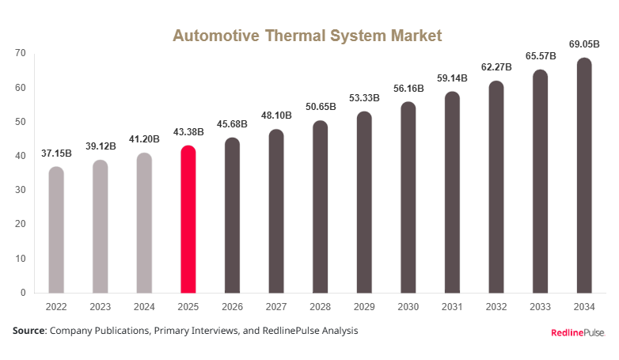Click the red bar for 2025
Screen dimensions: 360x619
coord(188,219)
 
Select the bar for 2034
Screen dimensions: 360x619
coord(584,175)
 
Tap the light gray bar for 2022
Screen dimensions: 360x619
coord(56,229)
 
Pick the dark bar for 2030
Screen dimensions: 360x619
coord(408,197)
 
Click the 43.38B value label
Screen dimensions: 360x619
coord(188,135)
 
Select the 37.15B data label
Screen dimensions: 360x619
coord(56,153)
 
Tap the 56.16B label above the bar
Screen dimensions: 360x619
coord(408,89)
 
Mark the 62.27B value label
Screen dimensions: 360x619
coord(496,67)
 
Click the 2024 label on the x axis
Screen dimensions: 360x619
coord(144,307)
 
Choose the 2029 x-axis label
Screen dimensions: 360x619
coord(364,307)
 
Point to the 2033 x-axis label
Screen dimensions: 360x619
coord(540,307)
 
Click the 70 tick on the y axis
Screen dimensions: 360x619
coord(20,53)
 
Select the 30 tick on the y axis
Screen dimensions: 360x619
coord(20,190)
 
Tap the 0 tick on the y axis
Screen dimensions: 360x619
coord(23,293)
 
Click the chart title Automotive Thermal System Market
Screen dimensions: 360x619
coord(307,36)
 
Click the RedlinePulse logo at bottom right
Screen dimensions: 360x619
coord(578,333)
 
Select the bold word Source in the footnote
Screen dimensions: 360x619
coord(28,331)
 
